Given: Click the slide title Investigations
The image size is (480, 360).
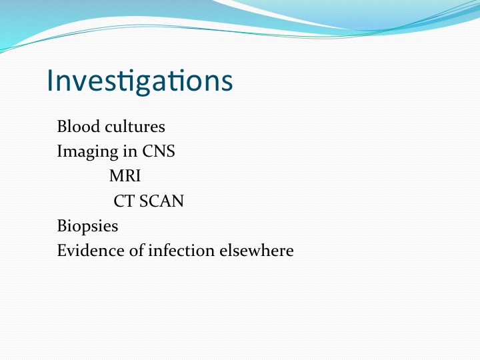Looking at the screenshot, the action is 140,81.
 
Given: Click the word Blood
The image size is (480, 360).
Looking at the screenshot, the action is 79,126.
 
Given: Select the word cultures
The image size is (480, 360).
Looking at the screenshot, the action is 135,126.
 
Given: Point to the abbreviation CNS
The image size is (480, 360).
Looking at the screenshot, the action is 159,151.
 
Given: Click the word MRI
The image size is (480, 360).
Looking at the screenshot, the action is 125,176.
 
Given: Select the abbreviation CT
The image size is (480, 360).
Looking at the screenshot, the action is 124,201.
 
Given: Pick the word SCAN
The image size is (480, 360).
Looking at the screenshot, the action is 161,201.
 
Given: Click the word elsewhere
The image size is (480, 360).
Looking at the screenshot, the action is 257,251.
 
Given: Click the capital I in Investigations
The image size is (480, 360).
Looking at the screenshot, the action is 49,80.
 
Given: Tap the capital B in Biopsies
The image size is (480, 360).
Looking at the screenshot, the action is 61,226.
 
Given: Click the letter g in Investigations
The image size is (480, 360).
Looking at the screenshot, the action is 143,85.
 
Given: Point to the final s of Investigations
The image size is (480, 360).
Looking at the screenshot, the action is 227,83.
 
